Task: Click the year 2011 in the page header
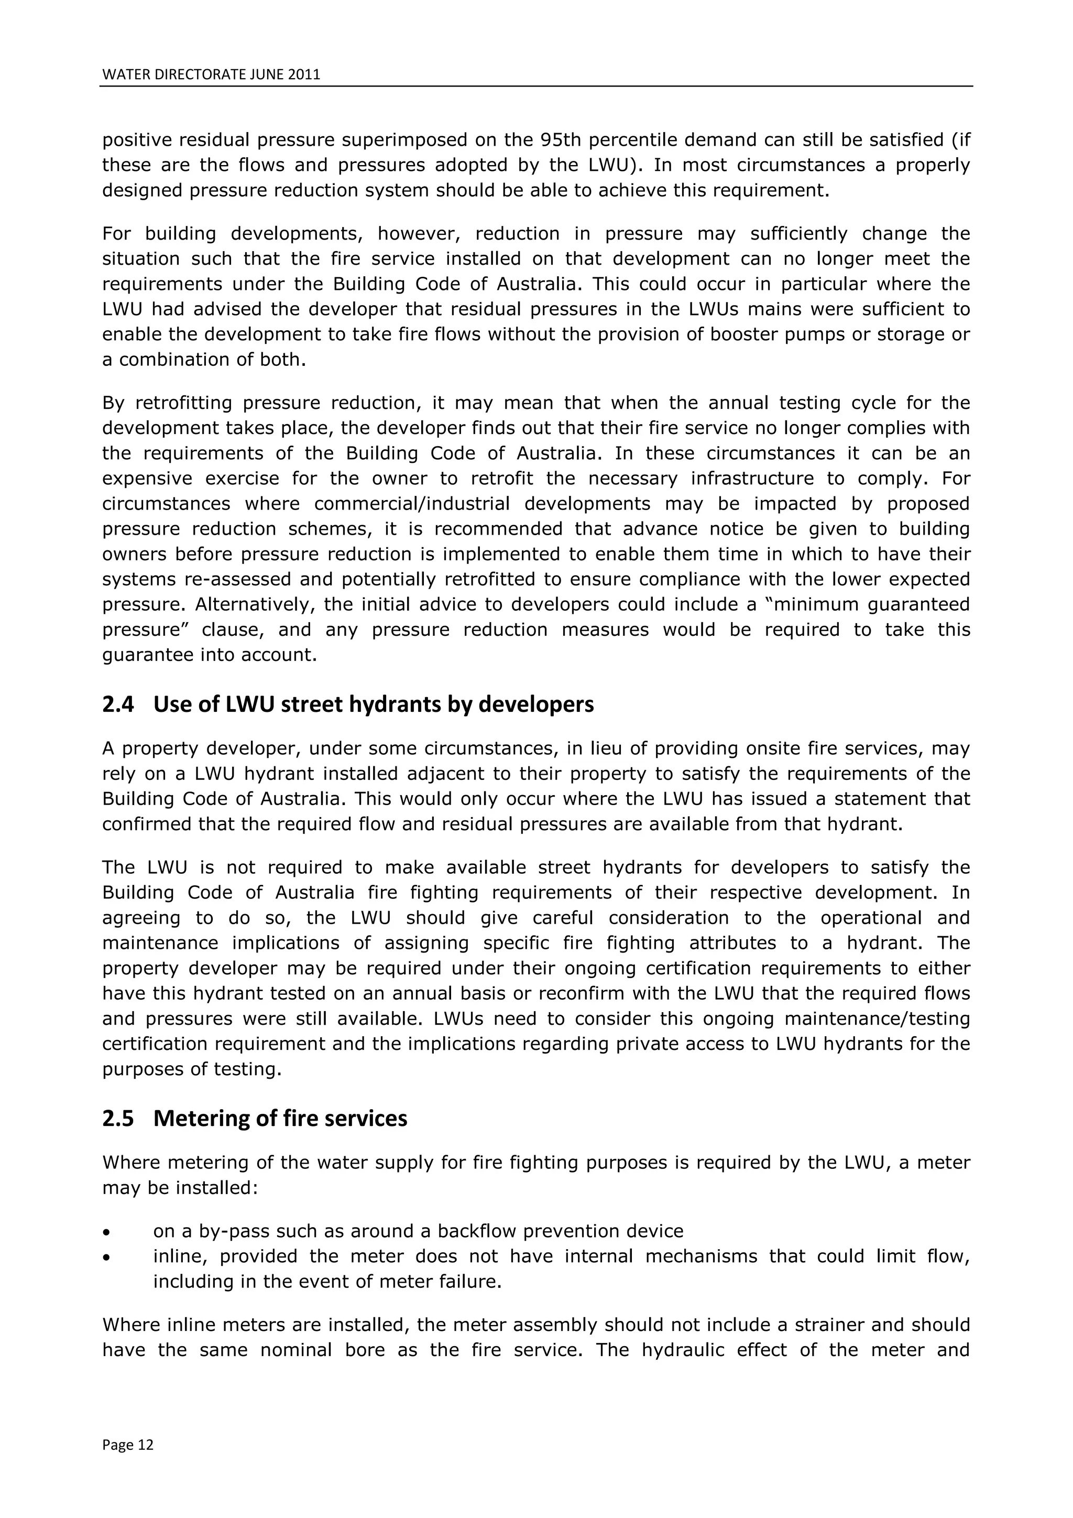tap(304, 75)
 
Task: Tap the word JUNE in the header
tap(267, 75)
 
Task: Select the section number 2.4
tap(117, 706)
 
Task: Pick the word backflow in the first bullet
tap(468, 1232)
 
